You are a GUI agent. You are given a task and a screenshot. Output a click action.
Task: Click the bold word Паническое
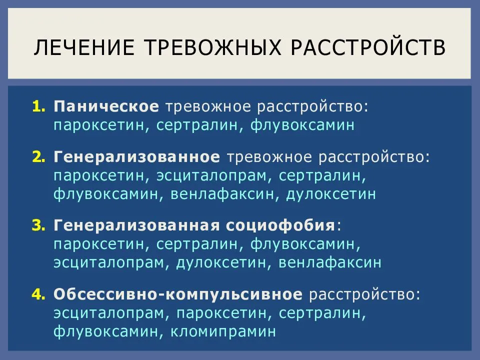tap(106, 106)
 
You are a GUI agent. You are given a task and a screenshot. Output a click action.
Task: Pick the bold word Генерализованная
tap(135, 226)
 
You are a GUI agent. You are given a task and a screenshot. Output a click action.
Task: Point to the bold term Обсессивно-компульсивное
tap(178, 294)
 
